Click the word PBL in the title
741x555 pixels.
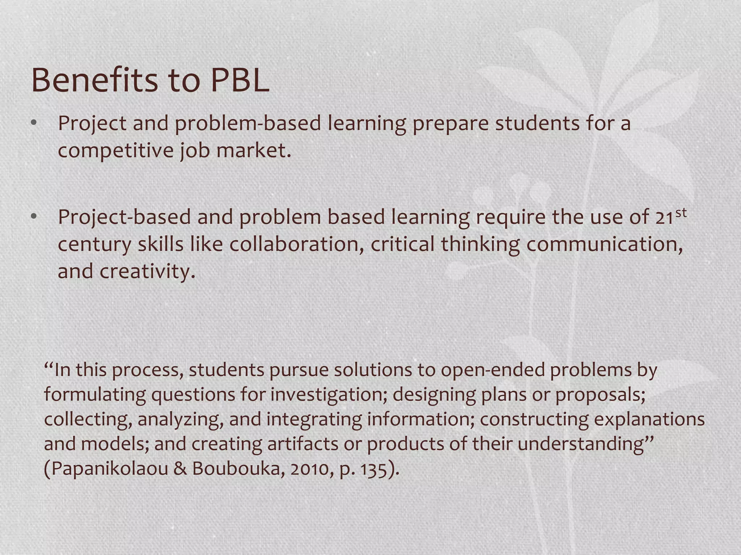coord(240,80)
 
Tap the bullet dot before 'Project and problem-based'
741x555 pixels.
coord(34,123)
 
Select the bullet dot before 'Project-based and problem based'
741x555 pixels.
coord(34,217)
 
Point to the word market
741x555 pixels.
coord(253,150)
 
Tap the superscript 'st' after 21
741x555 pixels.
coord(681,212)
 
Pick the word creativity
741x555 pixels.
coord(147,271)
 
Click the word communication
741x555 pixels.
coord(604,244)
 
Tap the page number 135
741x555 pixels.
coord(374,469)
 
